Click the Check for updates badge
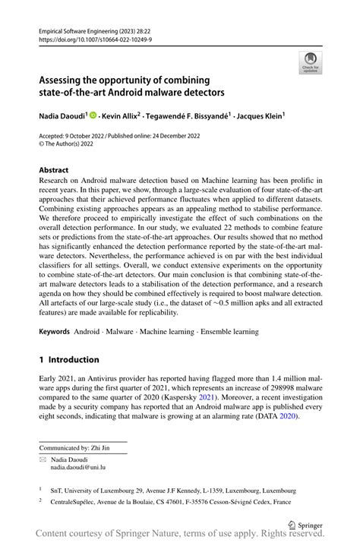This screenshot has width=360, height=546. coord(310,62)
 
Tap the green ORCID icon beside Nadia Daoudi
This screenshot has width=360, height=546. coord(93,116)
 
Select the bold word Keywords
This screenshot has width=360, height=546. coord(54,333)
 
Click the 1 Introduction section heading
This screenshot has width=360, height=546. coord(68,359)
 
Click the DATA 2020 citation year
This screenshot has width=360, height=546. coord(288,417)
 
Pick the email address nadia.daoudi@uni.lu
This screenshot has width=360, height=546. coord(74,469)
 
